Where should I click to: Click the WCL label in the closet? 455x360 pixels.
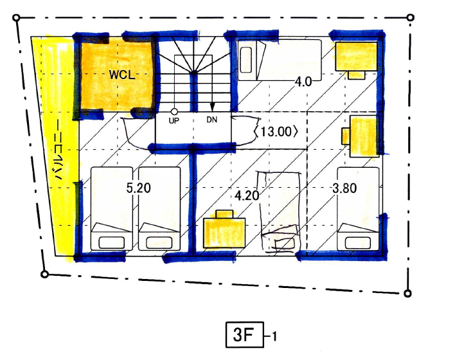(x=122, y=75)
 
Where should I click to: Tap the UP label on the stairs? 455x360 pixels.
(x=174, y=120)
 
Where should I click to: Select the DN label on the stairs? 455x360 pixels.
(x=212, y=120)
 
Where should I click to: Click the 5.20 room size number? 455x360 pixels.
(x=138, y=188)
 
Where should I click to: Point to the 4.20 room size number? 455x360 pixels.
(x=247, y=195)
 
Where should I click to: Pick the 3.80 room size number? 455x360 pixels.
(x=344, y=188)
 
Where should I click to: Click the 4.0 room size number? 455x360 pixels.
(x=303, y=82)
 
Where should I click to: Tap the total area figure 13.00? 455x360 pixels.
(x=276, y=132)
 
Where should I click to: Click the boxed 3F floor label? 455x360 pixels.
(x=245, y=335)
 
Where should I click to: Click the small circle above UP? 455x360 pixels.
(x=174, y=111)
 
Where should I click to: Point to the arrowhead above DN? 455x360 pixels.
(x=213, y=107)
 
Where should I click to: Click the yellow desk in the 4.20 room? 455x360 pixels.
(x=224, y=230)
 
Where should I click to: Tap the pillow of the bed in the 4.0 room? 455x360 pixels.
(x=246, y=60)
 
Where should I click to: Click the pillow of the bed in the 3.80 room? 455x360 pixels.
(x=358, y=243)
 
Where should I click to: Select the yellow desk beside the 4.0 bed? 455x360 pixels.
(x=356, y=60)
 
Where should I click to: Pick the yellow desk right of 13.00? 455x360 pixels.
(x=361, y=136)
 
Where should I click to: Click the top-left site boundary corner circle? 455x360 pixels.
(x=17, y=18)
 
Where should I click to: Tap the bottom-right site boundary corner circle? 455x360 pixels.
(x=407, y=294)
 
